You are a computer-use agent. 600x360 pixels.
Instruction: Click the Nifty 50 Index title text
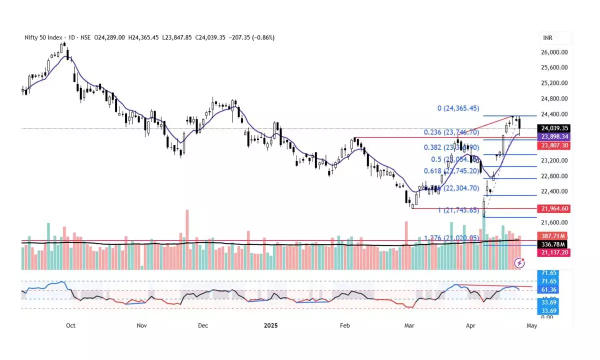[44, 37]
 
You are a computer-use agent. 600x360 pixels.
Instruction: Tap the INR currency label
[548, 38]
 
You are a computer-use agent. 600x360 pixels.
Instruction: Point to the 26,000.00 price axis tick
[554, 52]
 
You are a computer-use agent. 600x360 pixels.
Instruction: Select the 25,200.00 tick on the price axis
[554, 83]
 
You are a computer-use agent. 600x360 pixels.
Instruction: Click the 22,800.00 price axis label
[554, 176]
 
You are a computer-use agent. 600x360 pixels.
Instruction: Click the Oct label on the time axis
[70, 325]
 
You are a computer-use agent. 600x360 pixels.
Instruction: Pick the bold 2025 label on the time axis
[271, 325]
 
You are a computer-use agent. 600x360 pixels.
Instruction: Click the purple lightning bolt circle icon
[520, 262]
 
